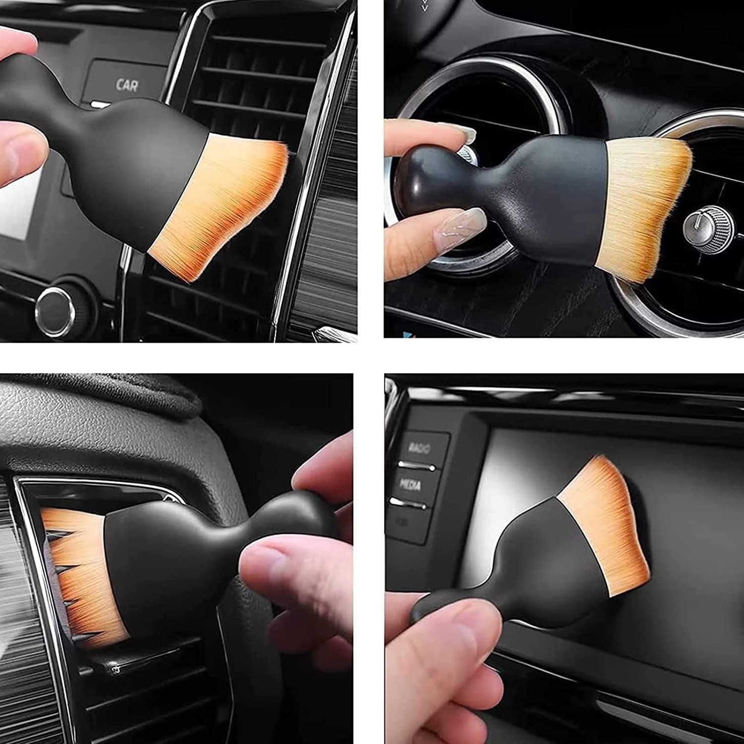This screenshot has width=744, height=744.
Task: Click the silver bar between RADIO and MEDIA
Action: [x=417, y=466]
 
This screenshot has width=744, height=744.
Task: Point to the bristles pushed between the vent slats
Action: [x=79, y=570]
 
